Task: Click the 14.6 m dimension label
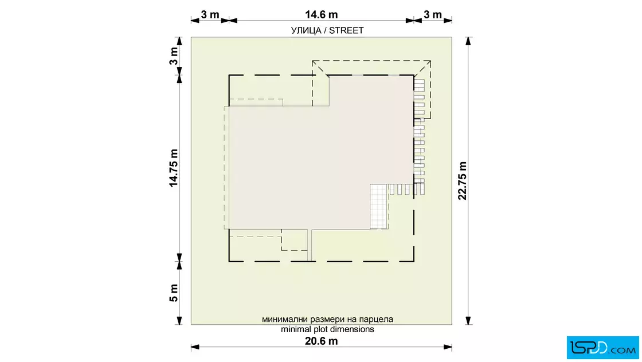[322, 15]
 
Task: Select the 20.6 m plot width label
[322, 341]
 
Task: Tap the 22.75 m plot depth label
[462, 181]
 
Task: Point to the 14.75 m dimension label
[174, 168]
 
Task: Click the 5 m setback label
[174, 293]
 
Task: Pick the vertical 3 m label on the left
[174, 56]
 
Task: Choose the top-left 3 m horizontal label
[210, 15]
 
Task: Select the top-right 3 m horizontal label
[433, 15]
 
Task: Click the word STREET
[346, 30]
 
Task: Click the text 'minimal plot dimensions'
[327, 329]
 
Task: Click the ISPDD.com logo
[602, 348]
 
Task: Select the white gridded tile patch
[378, 207]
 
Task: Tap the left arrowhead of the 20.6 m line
[195, 347]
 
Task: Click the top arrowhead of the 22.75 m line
[468, 41]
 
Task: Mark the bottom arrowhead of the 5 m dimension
[179, 321]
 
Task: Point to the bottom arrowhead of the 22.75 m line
[468, 321]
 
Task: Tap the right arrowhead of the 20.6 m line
[448, 347]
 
